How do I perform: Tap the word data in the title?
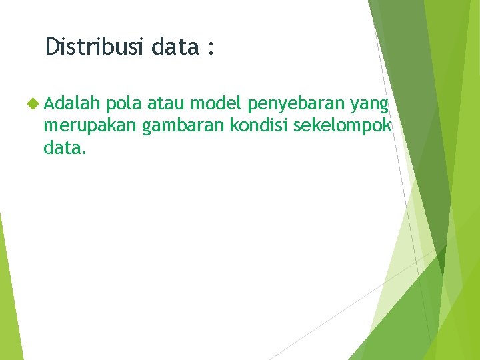tap(175, 47)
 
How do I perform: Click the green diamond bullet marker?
tap(35, 104)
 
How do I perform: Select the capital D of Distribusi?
tap(52, 47)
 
